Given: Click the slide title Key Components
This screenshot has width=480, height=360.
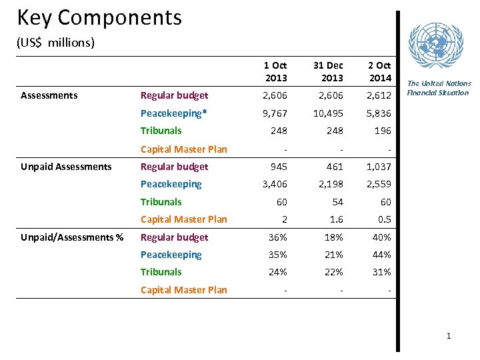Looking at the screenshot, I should pos(99,17).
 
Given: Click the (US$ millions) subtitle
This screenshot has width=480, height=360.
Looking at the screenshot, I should pos(55,43).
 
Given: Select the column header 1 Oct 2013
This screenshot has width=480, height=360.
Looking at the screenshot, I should pos(275,71).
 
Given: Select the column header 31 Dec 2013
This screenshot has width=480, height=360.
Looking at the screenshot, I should pos(327,71).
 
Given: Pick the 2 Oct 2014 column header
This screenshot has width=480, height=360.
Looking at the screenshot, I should pos(379,71).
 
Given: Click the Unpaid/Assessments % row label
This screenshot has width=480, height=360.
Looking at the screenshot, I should pos(72,237).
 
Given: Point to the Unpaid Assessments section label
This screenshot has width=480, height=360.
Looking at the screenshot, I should pos(66,167).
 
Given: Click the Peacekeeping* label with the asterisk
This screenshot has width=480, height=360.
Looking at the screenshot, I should pos(173,113).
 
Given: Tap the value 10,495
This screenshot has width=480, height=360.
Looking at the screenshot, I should pos(329,113).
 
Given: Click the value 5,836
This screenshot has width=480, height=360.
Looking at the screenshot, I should pos(379,113).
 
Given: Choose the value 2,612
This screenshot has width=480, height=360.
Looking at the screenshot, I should pos(379,95).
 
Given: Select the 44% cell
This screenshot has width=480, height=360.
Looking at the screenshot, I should pos(381,255).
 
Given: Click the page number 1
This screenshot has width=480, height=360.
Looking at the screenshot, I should pos(449,336).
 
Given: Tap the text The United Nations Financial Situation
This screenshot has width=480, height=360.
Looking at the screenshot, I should pos(439,88).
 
